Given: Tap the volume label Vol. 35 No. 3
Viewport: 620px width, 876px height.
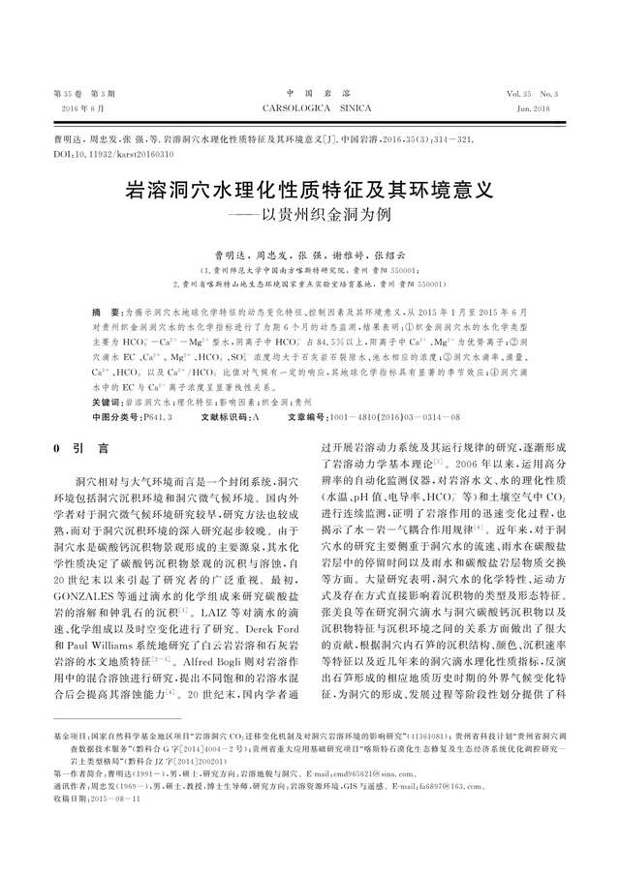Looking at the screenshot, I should (x=532, y=95).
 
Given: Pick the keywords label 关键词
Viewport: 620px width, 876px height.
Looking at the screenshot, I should (x=108, y=400).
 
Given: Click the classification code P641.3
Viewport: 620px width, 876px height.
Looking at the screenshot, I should (x=158, y=416).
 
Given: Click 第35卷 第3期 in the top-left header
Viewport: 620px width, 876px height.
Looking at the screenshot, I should (x=83, y=95).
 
